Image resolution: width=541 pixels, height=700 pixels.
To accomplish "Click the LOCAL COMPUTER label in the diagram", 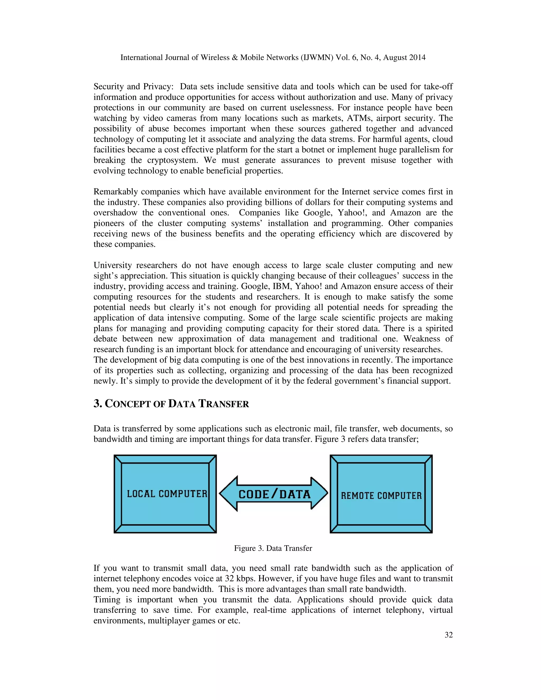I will click(167, 494).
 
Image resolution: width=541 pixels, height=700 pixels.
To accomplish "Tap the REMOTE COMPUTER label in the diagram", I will click(381, 496).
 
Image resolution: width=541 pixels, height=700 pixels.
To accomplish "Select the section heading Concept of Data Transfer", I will click(171, 404).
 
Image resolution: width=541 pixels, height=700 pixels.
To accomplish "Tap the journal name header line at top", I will click(273, 57).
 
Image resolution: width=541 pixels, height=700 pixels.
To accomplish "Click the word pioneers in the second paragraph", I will click(109, 223).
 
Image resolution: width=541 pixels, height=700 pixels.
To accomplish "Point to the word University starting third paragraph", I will click(113, 265).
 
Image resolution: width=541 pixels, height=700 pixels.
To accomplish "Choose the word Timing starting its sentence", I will click(106, 600).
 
